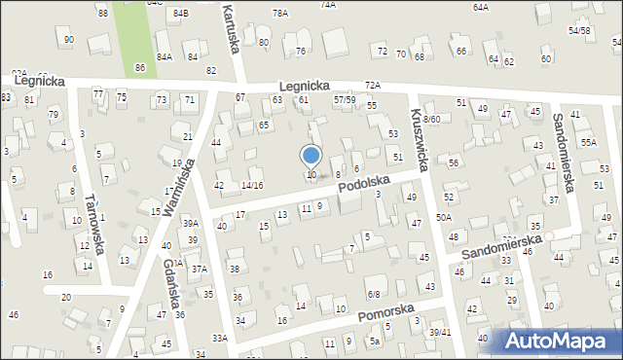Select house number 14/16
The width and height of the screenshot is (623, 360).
(x=252, y=185)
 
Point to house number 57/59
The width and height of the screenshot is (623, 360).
(x=344, y=99)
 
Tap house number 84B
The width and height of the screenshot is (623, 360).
(x=180, y=13)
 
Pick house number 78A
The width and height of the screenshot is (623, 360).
(x=280, y=13)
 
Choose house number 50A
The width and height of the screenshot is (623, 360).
(x=444, y=217)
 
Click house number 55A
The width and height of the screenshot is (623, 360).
(x=589, y=142)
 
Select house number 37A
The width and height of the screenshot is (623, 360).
(x=199, y=269)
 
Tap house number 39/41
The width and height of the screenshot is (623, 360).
(x=440, y=333)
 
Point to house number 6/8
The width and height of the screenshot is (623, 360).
(x=374, y=293)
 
